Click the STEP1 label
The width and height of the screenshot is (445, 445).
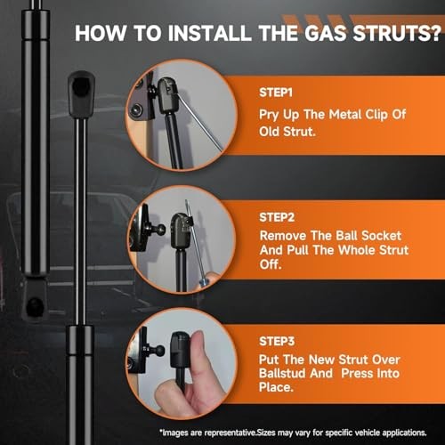point(276,93)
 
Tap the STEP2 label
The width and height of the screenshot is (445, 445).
point(277,217)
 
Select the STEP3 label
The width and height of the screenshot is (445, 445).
point(277,342)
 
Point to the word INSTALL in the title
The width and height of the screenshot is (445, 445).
point(209,33)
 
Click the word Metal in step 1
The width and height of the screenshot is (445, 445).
point(345,115)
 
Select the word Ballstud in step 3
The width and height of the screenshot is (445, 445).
point(295,373)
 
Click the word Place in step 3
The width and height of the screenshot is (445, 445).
point(276,387)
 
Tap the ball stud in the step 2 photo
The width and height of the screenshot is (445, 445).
point(158,230)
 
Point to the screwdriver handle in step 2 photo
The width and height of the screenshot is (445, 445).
point(206,280)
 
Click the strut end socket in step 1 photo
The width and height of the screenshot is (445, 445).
point(168,94)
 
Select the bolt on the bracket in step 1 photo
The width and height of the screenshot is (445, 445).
point(136,110)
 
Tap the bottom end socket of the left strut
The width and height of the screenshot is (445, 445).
point(35,299)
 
